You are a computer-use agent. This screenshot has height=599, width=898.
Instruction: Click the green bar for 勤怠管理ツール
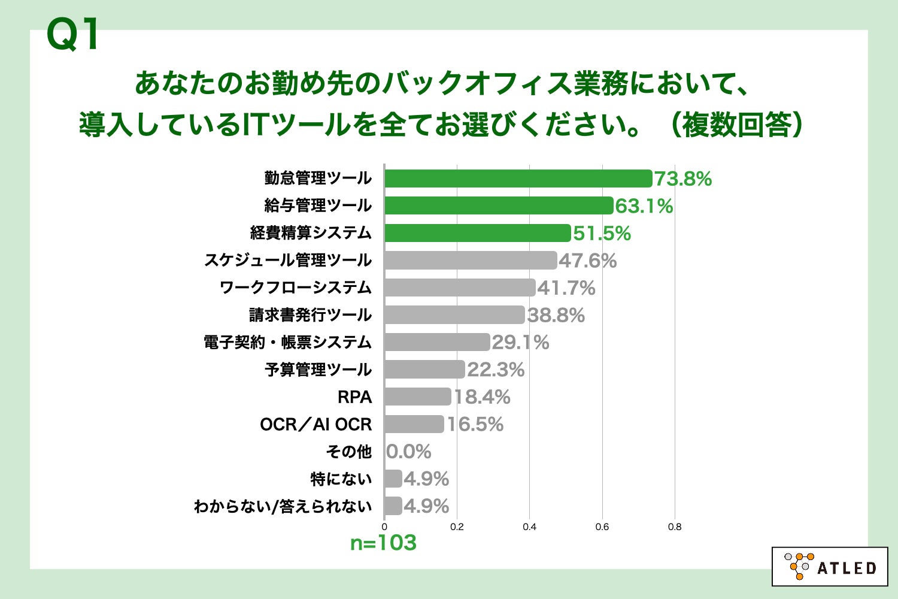(x=518, y=179)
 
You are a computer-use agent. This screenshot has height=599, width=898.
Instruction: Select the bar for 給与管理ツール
(x=499, y=205)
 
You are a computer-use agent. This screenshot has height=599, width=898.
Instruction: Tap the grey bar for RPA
(x=418, y=397)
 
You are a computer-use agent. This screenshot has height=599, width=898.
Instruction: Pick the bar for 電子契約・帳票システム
(x=437, y=342)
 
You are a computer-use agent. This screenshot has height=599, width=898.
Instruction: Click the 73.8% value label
(x=683, y=179)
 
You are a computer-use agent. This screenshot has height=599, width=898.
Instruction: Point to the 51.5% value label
(x=602, y=233)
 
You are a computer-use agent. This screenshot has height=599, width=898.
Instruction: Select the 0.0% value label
(x=409, y=452)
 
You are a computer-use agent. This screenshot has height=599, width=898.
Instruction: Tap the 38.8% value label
(x=556, y=315)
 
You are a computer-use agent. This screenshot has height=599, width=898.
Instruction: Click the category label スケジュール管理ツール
(x=288, y=260)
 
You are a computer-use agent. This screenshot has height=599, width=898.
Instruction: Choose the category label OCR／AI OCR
(x=315, y=424)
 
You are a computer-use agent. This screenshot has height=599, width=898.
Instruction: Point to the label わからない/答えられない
(x=283, y=506)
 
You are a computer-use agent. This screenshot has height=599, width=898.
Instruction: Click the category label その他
(x=349, y=452)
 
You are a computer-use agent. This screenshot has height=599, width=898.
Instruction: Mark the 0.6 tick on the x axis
(x=602, y=527)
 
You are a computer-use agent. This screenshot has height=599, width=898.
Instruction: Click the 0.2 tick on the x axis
(x=457, y=527)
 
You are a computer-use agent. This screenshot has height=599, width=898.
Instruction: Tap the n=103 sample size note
(x=383, y=543)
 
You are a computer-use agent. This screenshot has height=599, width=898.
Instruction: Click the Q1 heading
(x=73, y=35)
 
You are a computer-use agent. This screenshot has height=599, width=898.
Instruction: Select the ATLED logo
(x=829, y=566)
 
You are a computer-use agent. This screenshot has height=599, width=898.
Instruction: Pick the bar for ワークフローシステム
(x=460, y=288)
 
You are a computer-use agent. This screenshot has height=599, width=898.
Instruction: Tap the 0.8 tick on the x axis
(x=675, y=527)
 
